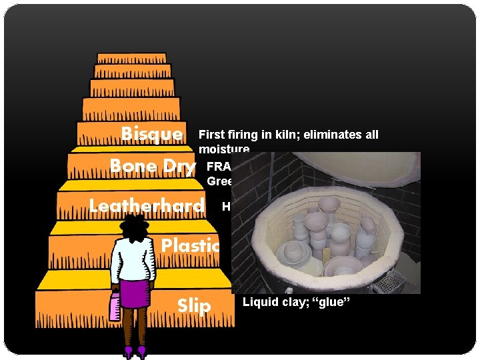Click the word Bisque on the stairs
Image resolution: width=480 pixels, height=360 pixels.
[x=151, y=134]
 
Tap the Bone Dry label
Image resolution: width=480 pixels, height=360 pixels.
[x=153, y=166]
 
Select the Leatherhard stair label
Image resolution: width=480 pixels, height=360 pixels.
[x=147, y=206]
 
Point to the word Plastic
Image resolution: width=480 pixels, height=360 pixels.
[x=190, y=245]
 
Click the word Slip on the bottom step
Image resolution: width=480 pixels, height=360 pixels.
[x=194, y=306]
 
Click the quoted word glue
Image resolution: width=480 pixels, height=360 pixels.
[x=332, y=302]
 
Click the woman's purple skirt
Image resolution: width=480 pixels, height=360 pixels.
[x=135, y=294]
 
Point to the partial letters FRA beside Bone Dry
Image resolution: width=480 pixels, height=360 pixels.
[x=217, y=166]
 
